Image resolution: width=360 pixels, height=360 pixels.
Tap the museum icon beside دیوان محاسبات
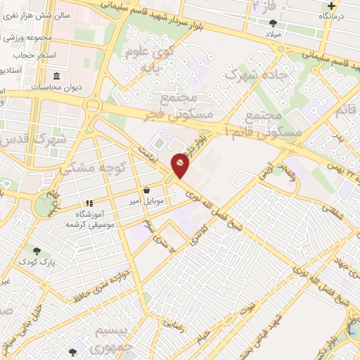coord(57,77)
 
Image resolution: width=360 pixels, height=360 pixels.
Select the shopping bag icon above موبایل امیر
coord(146,191)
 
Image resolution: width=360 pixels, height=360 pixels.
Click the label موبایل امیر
coord(146,202)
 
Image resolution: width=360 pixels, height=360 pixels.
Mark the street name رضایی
coord(174,325)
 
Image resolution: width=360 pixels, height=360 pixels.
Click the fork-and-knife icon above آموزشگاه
coord(89,203)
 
